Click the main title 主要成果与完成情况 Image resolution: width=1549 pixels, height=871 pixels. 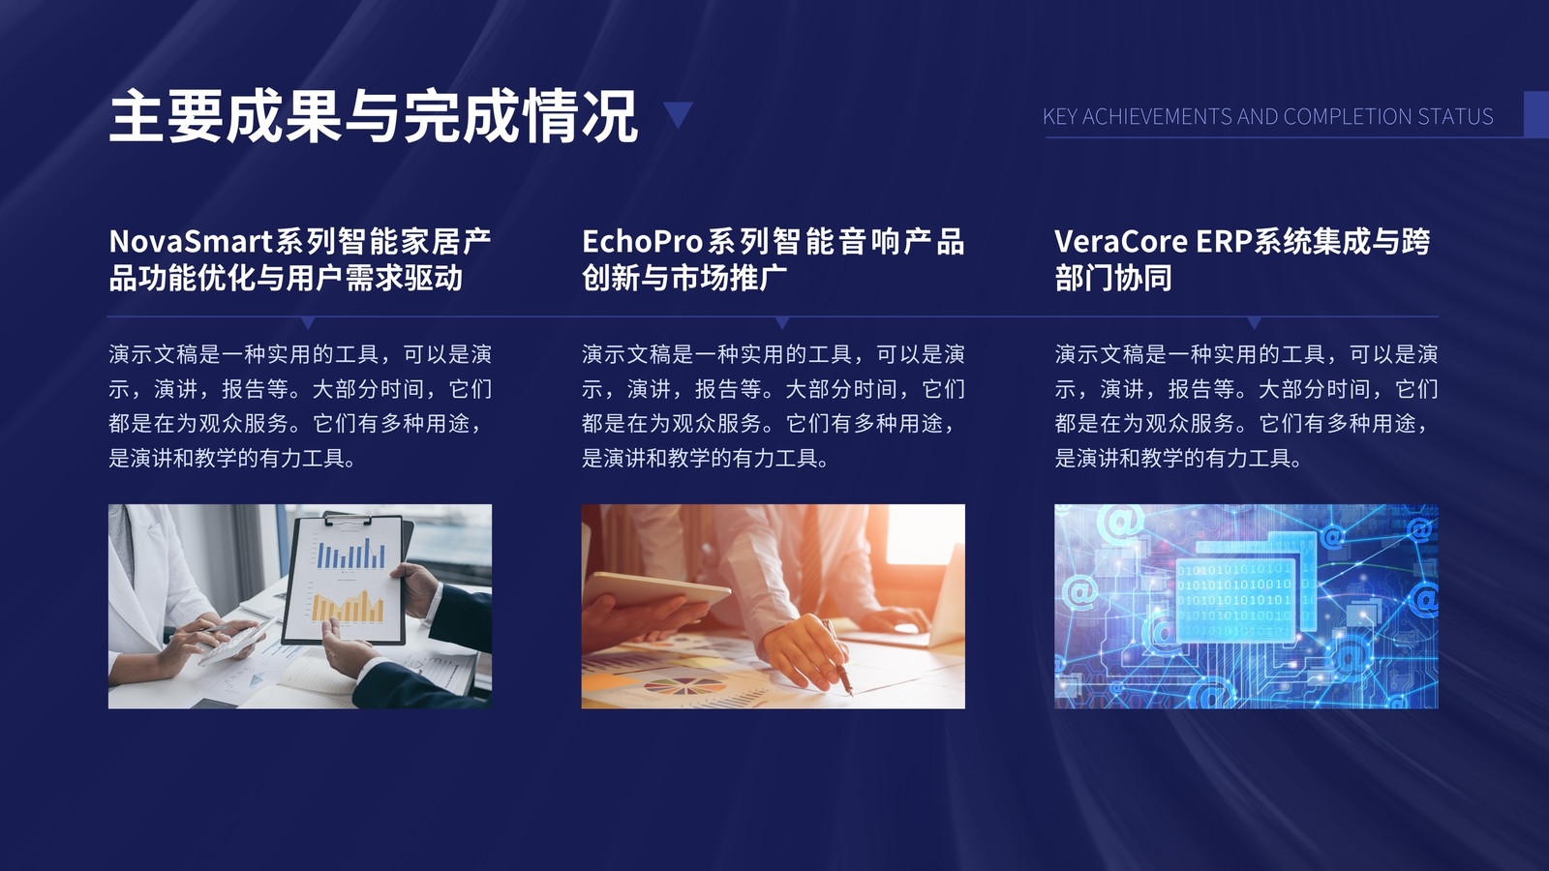[374, 115]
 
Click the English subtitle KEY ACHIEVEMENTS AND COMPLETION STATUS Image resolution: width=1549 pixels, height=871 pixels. [1267, 116]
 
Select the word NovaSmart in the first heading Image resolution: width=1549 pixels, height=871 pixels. [191, 241]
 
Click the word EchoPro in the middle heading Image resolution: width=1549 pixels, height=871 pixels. [642, 241]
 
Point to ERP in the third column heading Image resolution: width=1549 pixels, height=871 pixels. [1224, 241]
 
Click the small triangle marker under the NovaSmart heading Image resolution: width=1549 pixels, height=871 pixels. [309, 323]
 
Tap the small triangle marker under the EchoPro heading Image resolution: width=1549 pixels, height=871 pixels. [782, 323]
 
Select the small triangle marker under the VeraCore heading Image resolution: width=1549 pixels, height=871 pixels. [1254, 323]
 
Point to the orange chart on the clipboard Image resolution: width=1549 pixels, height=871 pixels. [348, 606]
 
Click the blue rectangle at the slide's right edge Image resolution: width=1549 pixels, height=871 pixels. [1536, 114]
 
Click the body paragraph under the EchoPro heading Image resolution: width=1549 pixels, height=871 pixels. [774, 405]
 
